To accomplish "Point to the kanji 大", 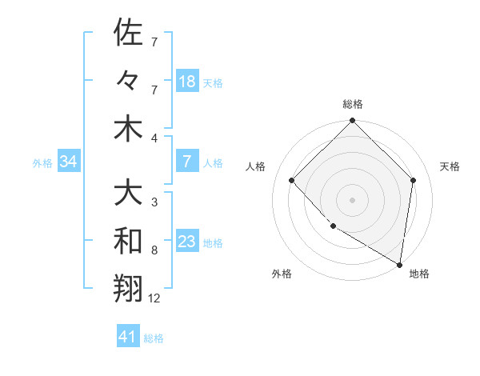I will [x=128, y=193].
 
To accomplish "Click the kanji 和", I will [x=128, y=241].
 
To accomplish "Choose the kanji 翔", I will [x=128, y=289].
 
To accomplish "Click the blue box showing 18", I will [x=187, y=82].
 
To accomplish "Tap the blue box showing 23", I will [x=187, y=242].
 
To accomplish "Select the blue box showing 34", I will [x=68, y=162].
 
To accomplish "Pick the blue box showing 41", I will [x=128, y=337].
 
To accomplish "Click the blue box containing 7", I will [x=187, y=162].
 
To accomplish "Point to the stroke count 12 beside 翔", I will [x=155, y=298].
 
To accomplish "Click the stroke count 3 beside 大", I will [x=154, y=202].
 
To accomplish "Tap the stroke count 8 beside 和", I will [x=154, y=250].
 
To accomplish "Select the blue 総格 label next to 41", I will [x=154, y=338].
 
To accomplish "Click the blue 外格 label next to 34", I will [x=42, y=163].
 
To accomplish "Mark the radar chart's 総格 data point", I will [x=352, y=122].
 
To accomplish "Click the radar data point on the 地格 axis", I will [x=399, y=263].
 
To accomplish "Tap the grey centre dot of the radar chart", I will [x=352, y=199].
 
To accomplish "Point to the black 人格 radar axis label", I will [x=256, y=166].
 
